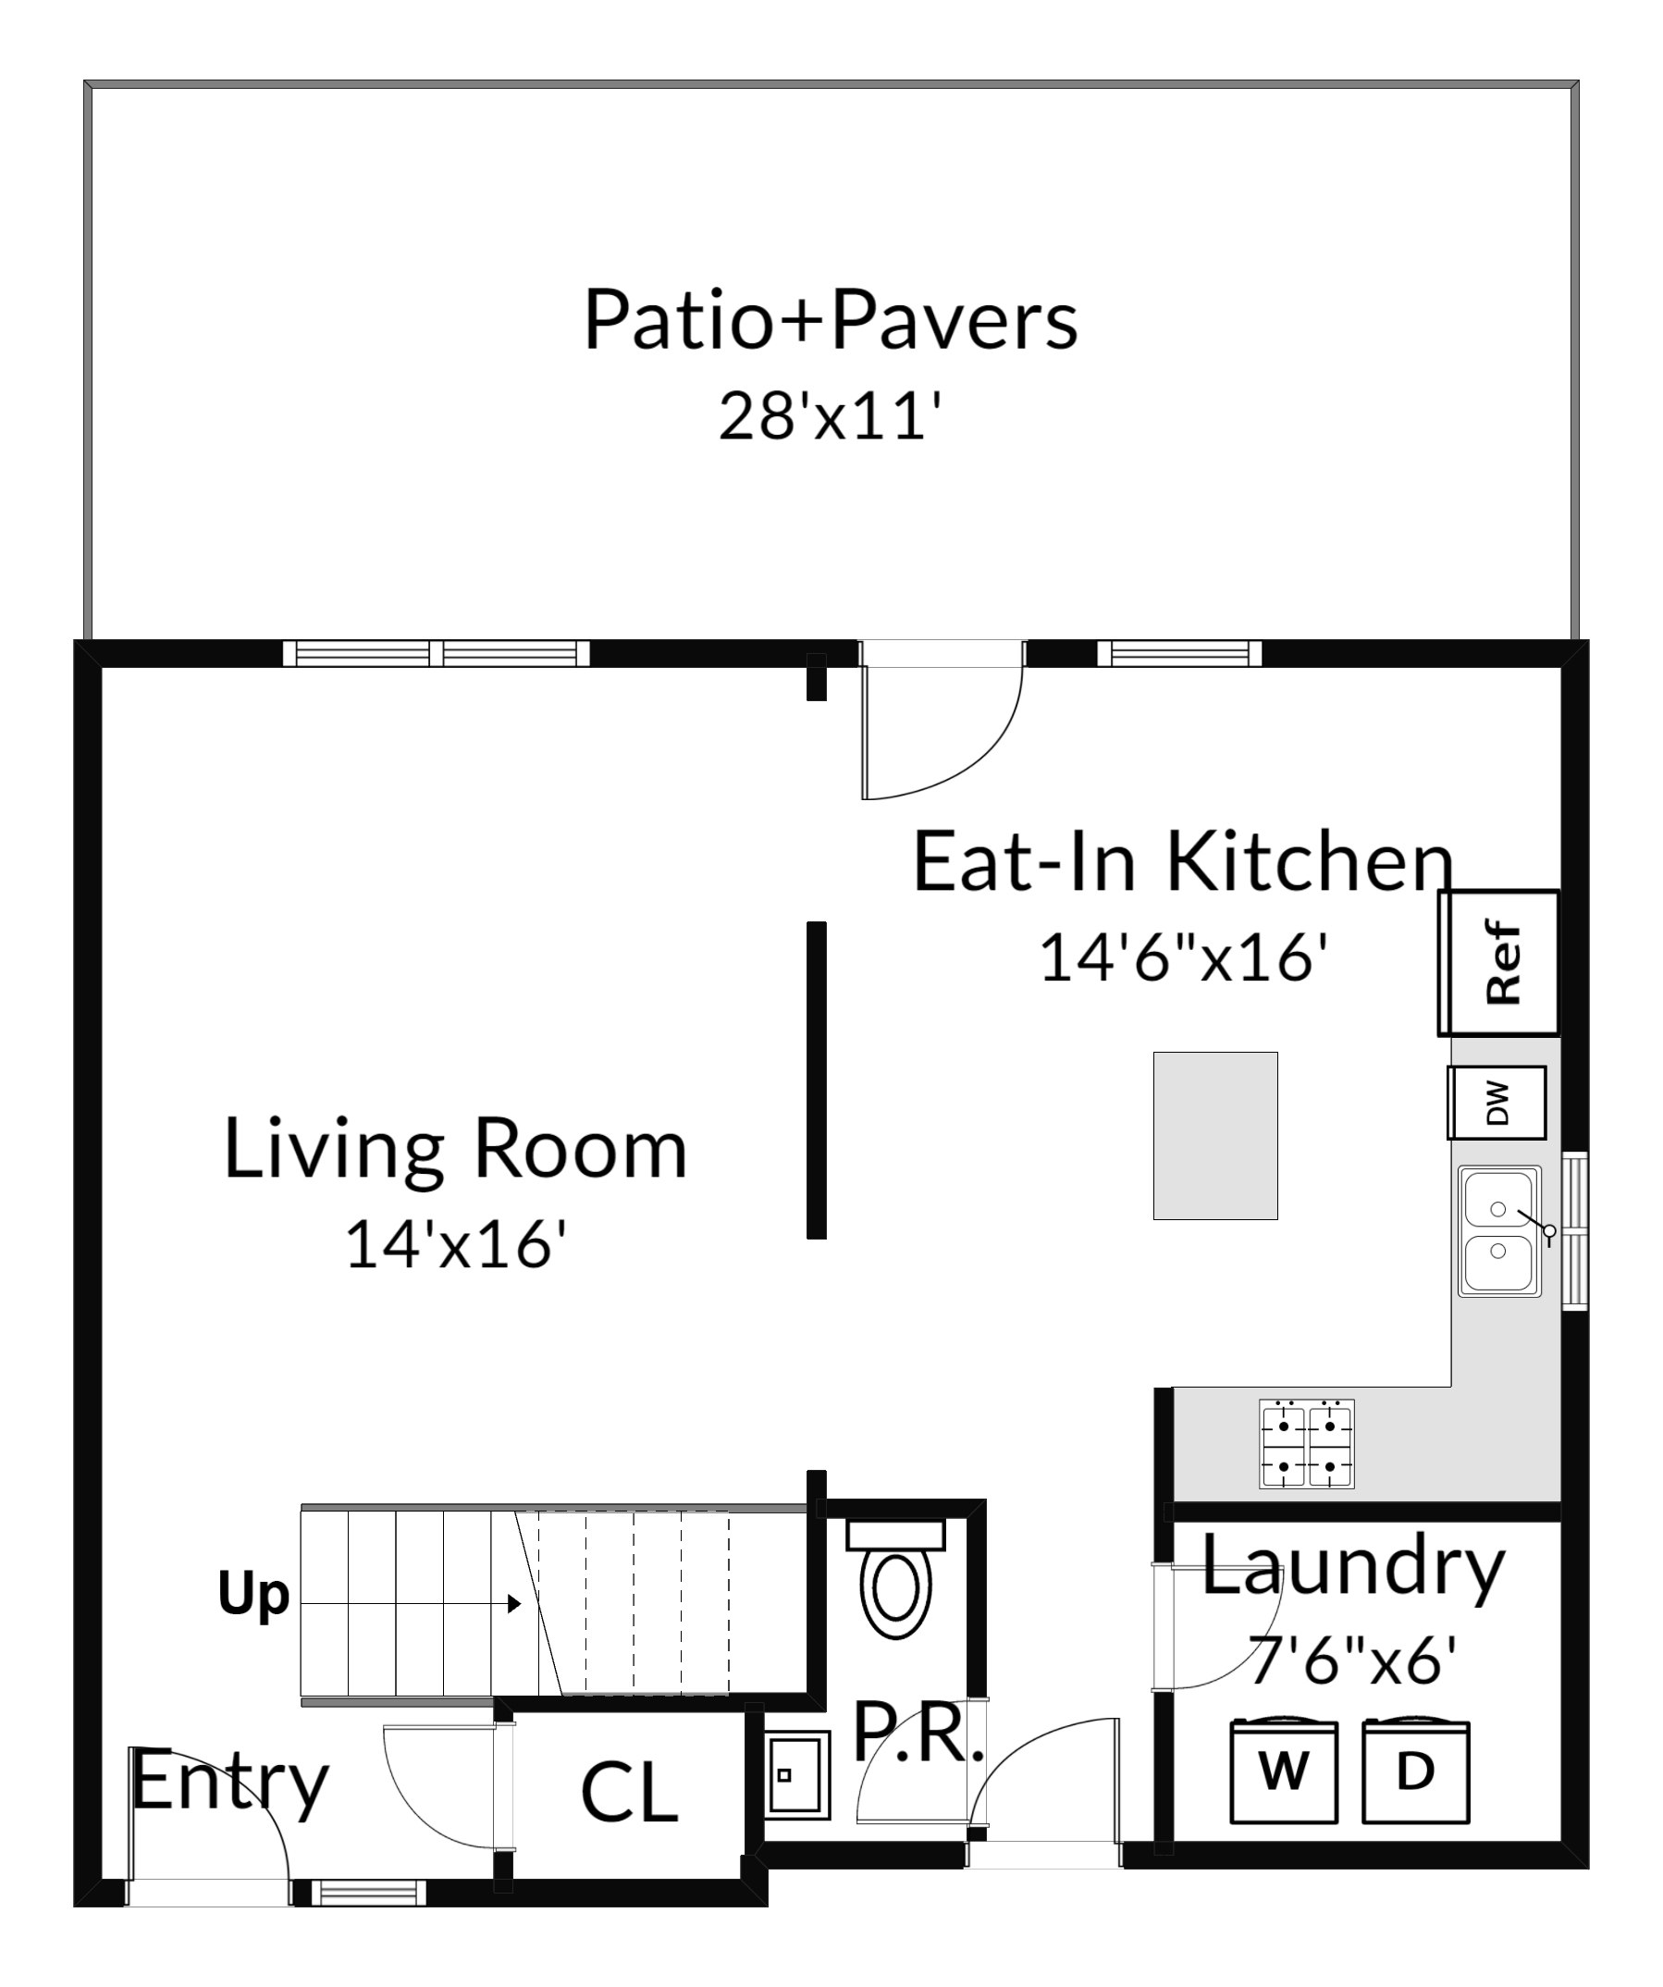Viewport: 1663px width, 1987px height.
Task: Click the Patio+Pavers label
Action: [x=831, y=320]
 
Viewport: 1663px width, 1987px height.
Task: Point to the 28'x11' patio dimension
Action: [x=831, y=415]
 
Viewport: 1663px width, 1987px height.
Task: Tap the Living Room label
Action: [x=455, y=1149]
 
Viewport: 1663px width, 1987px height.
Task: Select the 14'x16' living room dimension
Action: [x=455, y=1243]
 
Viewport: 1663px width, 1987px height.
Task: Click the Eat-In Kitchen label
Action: [x=1182, y=861]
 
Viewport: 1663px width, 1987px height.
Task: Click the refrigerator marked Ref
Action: [x=1498, y=962]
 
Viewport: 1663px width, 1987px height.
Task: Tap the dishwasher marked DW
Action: [x=1497, y=1103]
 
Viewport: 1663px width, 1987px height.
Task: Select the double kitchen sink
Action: [x=1499, y=1231]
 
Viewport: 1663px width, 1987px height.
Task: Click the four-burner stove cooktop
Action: [x=1306, y=1444]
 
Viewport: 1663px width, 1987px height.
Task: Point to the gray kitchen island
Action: [x=1214, y=1135]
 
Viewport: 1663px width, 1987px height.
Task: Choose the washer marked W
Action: [x=1284, y=1772]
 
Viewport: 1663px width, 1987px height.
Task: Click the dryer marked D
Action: [x=1415, y=1772]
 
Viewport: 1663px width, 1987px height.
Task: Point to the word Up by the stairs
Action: [x=253, y=1597]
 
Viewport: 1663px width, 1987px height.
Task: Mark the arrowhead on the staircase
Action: [x=514, y=1604]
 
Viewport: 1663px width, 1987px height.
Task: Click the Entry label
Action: [x=230, y=1783]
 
